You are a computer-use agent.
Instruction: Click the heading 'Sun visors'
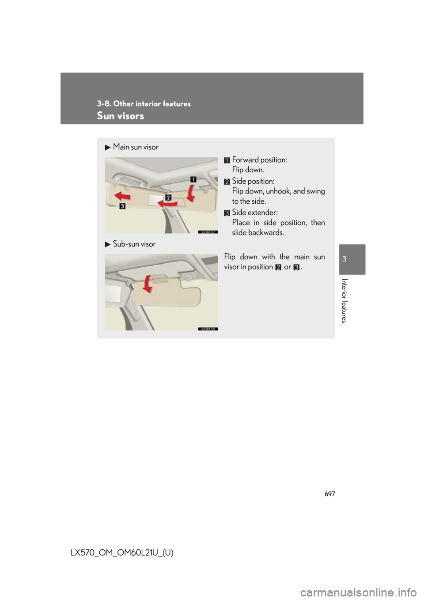tap(120, 116)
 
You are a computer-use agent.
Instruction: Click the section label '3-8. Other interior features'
tap(144, 103)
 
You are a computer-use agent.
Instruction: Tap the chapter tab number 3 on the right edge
tap(344, 259)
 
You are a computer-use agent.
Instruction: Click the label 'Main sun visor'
tap(135, 147)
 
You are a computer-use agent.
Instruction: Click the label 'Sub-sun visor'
tap(134, 244)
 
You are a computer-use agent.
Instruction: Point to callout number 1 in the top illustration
tap(193, 179)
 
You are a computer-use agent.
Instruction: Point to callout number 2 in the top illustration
tap(168, 197)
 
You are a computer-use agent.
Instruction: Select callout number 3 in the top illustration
tap(122, 206)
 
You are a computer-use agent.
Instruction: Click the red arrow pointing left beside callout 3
tap(122, 196)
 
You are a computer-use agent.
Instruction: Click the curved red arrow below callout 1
tap(190, 193)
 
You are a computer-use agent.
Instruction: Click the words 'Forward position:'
tap(259, 160)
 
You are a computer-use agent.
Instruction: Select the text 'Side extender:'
tap(255, 213)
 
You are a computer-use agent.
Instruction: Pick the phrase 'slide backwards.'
tap(258, 232)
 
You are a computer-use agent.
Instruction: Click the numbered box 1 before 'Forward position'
tap(227, 160)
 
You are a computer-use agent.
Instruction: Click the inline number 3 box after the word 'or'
tap(296, 267)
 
